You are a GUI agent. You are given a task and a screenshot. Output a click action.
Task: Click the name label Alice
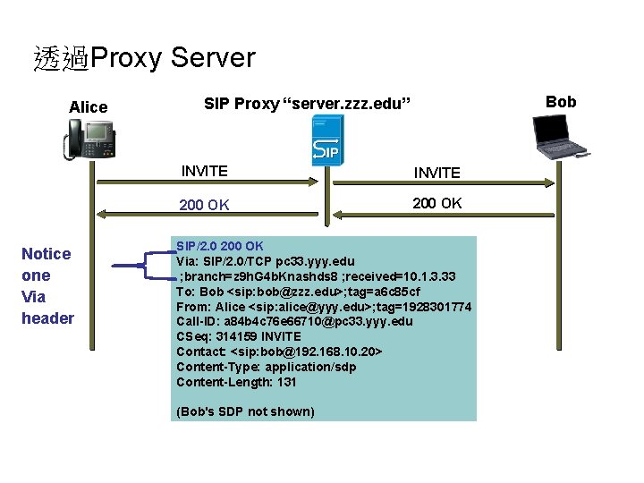tap(89, 107)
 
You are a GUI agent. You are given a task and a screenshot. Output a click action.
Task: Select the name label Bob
tap(561, 101)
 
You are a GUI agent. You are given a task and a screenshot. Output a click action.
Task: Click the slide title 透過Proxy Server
tap(144, 59)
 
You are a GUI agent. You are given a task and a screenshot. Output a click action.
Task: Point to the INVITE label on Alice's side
tap(204, 171)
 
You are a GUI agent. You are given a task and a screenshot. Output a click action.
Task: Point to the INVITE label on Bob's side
tap(436, 173)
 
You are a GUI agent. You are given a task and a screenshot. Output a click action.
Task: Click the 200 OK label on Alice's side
tap(204, 205)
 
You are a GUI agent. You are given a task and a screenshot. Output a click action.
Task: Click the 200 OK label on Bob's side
tap(436, 203)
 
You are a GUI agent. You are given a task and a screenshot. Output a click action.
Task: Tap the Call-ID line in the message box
tap(294, 321)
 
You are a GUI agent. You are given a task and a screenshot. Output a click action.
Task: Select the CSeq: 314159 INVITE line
tap(239, 336)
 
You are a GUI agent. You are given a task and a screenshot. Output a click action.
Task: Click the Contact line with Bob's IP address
tap(279, 352)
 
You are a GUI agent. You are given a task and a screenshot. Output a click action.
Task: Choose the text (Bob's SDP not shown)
tap(245, 411)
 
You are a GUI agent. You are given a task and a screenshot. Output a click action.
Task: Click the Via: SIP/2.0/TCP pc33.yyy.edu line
tap(265, 261)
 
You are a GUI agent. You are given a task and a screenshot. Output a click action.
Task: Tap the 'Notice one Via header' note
tap(48, 286)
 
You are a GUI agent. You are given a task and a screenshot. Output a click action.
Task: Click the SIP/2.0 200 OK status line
tap(220, 246)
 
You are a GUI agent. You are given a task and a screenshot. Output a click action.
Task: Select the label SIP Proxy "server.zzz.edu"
tap(307, 105)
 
